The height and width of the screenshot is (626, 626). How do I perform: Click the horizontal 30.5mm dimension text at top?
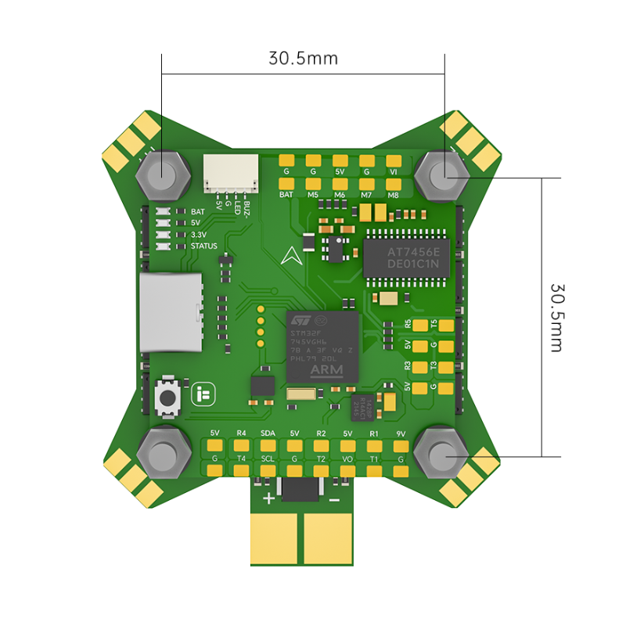[304, 59]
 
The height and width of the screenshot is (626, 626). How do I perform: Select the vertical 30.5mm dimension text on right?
[556, 317]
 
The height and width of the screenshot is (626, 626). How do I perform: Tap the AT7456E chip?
[406, 253]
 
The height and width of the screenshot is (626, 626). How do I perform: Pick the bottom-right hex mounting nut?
[443, 454]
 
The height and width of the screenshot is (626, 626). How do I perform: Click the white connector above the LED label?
[231, 172]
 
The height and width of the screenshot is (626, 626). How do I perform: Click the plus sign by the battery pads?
[268, 499]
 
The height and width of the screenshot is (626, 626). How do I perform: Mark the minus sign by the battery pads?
[333, 499]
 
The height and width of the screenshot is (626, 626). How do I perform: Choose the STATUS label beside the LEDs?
[204, 246]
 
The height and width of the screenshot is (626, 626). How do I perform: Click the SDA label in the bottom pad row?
[268, 433]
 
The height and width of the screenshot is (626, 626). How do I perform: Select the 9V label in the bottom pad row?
[401, 433]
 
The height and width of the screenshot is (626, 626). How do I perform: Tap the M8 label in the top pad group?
[393, 194]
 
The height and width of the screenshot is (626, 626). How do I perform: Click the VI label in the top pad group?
[393, 171]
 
